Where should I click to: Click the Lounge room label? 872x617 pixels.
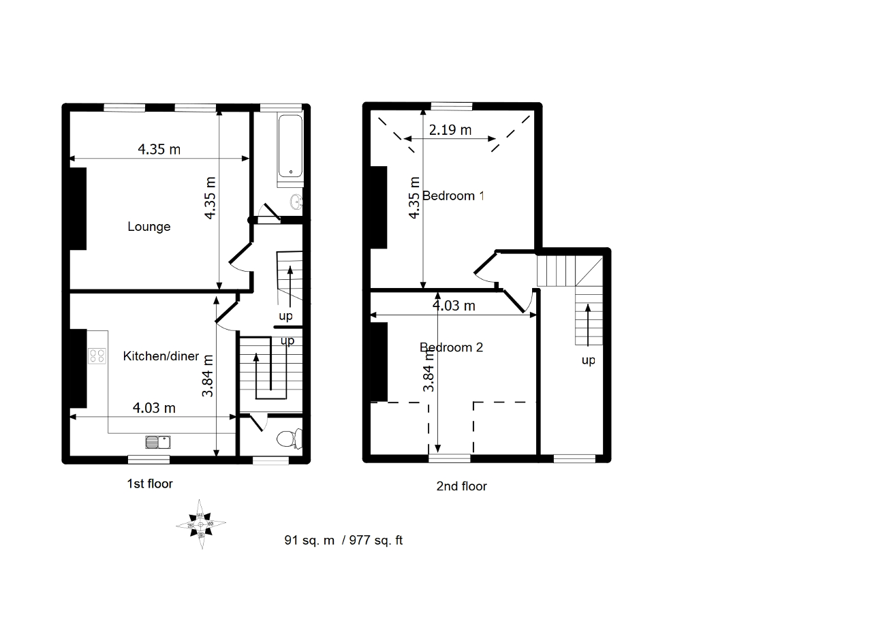pyautogui.click(x=149, y=226)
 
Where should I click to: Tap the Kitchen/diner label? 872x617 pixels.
pyautogui.click(x=161, y=356)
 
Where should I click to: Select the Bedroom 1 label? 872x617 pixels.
pyautogui.click(x=453, y=195)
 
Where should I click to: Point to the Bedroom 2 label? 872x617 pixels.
pyautogui.click(x=451, y=347)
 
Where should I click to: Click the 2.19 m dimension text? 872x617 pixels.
pyautogui.click(x=450, y=130)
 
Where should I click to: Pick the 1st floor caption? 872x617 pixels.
pyautogui.click(x=150, y=484)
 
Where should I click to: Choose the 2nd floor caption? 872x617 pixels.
pyautogui.click(x=461, y=486)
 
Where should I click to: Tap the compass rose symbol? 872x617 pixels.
pyautogui.click(x=201, y=524)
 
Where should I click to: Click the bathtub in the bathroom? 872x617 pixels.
pyautogui.click(x=290, y=146)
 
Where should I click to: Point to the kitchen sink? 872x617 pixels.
pyautogui.click(x=158, y=443)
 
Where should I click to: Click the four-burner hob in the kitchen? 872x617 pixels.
pyautogui.click(x=97, y=356)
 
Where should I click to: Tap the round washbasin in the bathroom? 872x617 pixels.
pyautogui.click(x=296, y=202)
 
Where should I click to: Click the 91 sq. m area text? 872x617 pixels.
pyautogui.click(x=309, y=540)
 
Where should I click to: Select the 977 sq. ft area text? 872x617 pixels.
pyautogui.click(x=375, y=540)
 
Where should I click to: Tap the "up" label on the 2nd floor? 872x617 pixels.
pyautogui.click(x=588, y=360)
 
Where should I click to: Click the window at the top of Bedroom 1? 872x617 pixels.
pyautogui.click(x=452, y=106)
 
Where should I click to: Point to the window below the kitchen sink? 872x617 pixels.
pyautogui.click(x=149, y=460)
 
